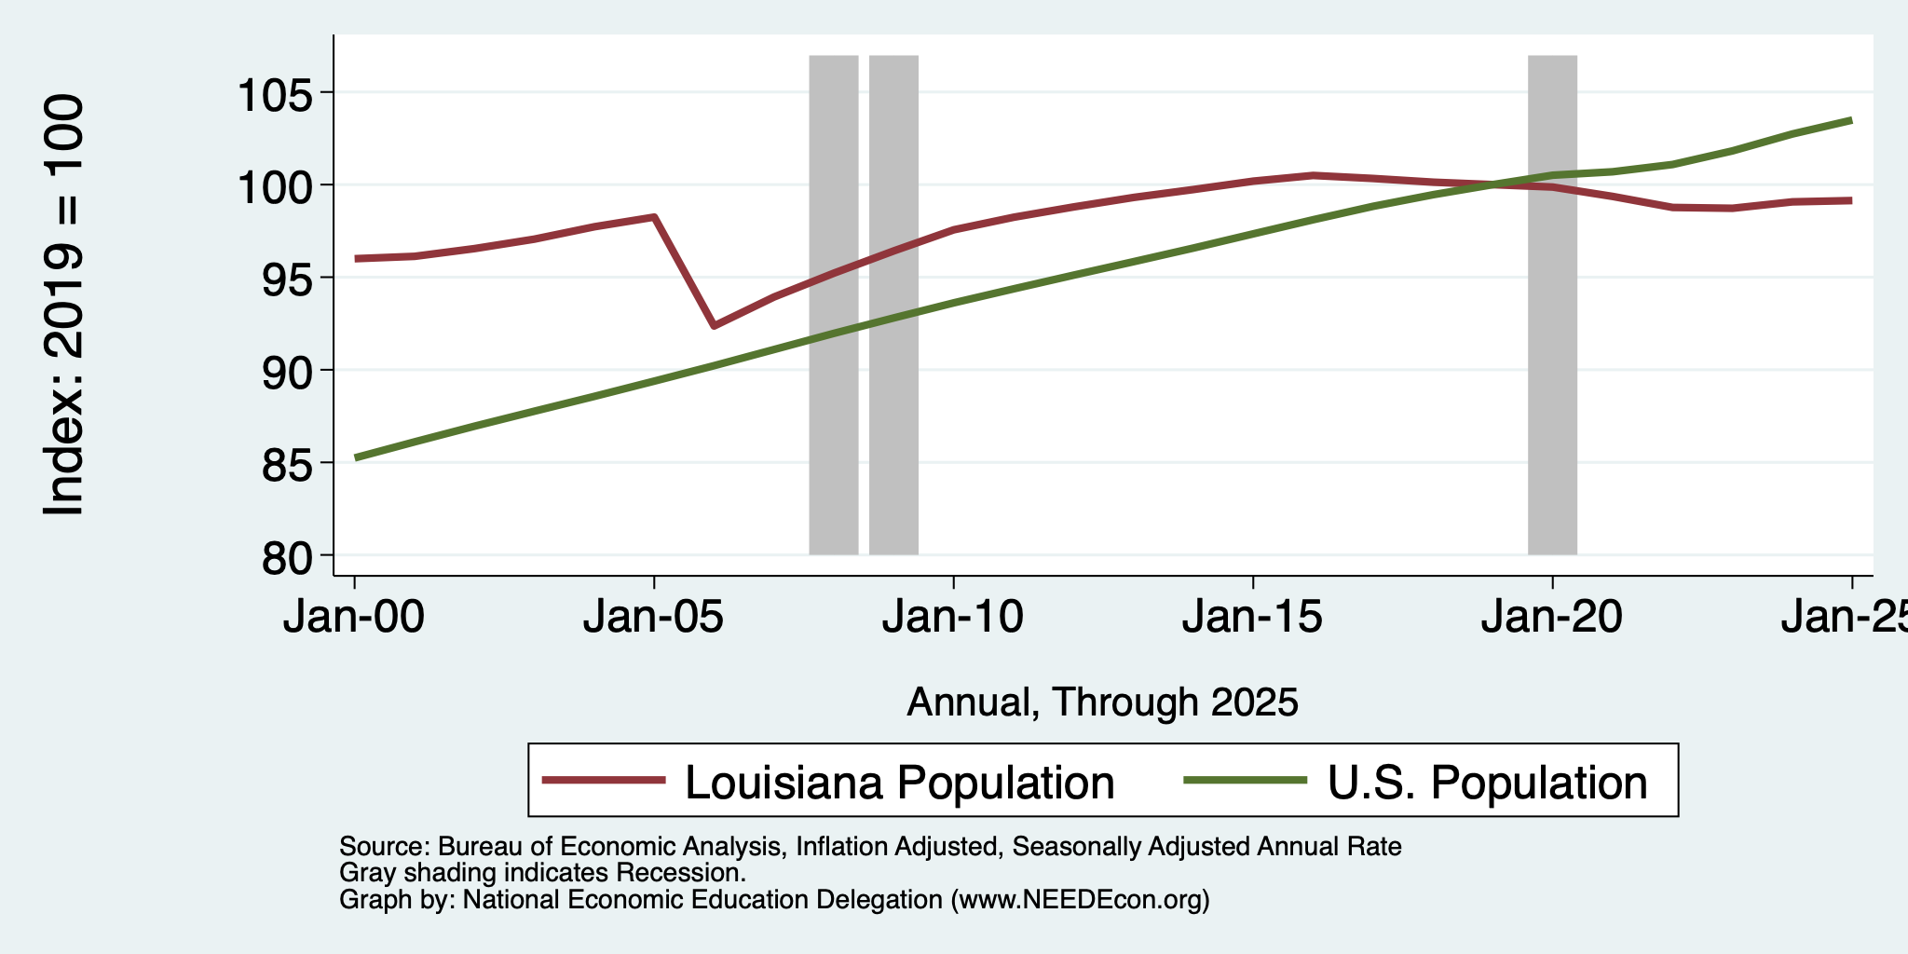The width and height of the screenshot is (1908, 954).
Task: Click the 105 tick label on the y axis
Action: click(275, 93)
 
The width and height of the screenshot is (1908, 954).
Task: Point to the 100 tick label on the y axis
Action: click(275, 186)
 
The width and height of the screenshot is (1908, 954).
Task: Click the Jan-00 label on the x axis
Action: click(354, 617)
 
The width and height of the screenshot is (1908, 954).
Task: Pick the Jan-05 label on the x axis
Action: click(654, 617)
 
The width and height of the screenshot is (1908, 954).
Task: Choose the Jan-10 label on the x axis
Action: click(953, 617)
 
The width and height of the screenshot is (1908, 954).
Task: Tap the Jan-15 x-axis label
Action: click(1253, 617)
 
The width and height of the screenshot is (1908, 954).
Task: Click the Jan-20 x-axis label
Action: click(1552, 617)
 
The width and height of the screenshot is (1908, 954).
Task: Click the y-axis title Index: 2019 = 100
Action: click(64, 305)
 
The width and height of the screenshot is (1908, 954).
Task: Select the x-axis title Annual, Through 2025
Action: click(1102, 702)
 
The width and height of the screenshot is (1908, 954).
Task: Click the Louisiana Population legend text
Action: click(900, 782)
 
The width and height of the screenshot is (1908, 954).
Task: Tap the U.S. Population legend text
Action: click(1488, 782)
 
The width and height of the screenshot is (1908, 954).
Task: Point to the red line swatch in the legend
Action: click(605, 780)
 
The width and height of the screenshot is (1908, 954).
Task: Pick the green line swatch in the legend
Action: click(1246, 780)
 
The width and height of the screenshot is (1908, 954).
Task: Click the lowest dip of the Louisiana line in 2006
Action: click(714, 326)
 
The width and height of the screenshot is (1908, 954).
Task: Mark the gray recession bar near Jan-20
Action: click(1552, 305)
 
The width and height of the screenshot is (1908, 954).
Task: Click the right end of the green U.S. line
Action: click(1851, 120)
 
